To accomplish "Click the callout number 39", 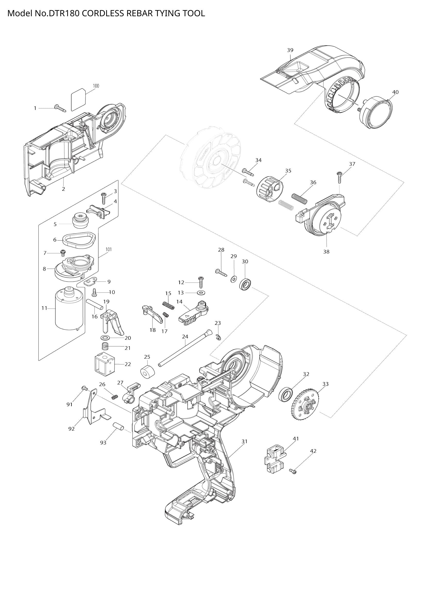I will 290,50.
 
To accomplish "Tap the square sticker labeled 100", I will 79,100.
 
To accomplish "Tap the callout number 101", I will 109,249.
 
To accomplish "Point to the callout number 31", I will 244,441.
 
